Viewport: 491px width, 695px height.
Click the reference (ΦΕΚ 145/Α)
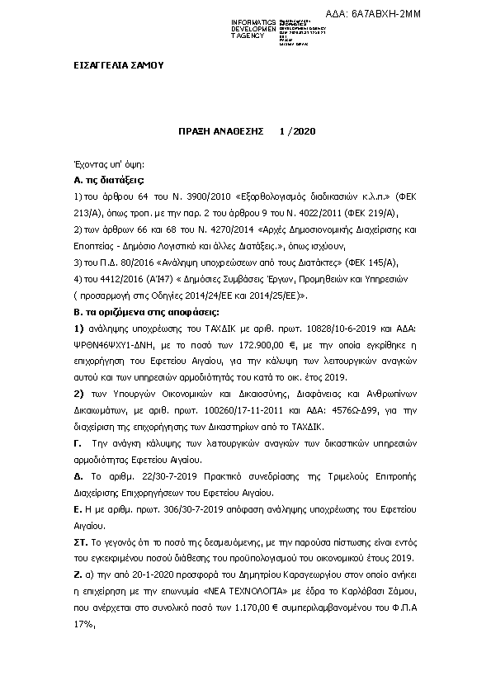374,262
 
